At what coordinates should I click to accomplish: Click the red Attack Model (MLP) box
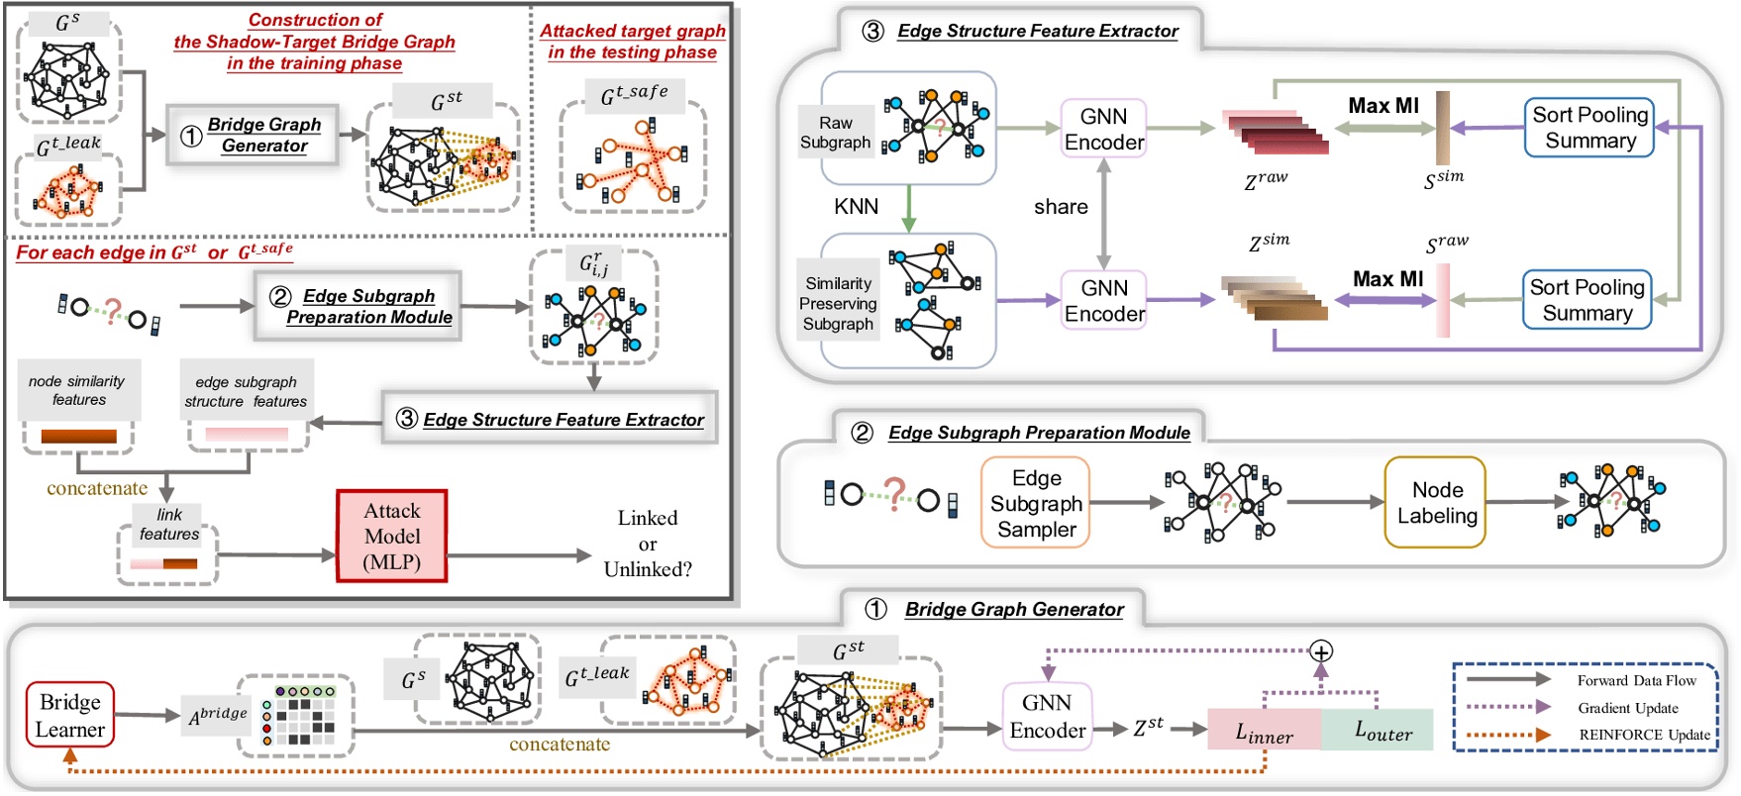(x=392, y=536)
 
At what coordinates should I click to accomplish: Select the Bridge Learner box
(x=69, y=715)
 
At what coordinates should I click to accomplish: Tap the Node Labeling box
(x=1436, y=502)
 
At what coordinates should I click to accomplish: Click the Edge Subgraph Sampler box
(x=1036, y=503)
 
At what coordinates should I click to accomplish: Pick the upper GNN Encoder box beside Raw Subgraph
(x=1103, y=129)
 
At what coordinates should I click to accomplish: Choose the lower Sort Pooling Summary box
(x=1587, y=300)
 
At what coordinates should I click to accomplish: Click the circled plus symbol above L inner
(x=1320, y=651)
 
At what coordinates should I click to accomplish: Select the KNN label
(x=856, y=206)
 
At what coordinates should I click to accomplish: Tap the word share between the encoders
(x=1060, y=206)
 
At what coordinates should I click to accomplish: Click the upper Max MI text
(x=1383, y=105)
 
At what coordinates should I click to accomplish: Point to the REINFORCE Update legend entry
(x=1643, y=735)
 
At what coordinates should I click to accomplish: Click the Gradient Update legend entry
(x=1627, y=707)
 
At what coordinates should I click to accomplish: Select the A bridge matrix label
(x=218, y=714)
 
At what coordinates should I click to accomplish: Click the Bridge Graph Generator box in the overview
(x=253, y=135)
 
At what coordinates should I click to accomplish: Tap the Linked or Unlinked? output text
(x=648, y=544)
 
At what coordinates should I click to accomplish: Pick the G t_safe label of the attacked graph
(x=634, y=95)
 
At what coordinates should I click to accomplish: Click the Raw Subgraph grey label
(x=835, y=133)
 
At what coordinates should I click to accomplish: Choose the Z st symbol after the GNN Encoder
(x=1148, y=727)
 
